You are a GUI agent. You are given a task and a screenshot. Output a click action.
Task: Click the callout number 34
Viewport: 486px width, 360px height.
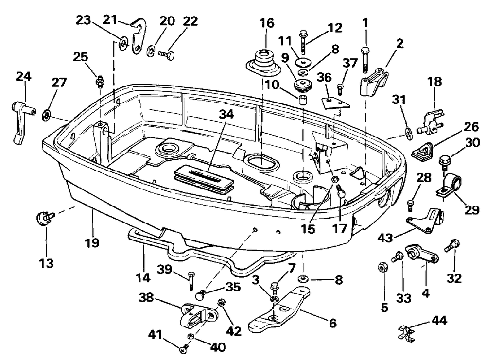click(226, 115)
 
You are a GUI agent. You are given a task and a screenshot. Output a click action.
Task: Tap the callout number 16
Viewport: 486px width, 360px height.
click(267, 23)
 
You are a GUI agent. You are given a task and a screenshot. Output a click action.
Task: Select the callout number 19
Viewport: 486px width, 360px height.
click(92, 242)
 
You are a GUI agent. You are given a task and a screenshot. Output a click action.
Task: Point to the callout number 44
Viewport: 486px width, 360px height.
click(439, 320)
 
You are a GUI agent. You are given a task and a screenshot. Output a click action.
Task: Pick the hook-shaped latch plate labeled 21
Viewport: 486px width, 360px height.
click(138, 36)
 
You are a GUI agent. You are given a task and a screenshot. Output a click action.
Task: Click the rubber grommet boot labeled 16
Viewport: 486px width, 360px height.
click(263, 65)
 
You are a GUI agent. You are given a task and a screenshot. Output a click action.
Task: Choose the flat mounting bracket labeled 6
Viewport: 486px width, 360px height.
click(279, 309)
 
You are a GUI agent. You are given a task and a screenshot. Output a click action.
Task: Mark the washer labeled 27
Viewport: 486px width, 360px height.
click(47, 115)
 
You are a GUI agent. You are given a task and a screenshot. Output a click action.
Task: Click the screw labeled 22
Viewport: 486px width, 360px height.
click(166, 55)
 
